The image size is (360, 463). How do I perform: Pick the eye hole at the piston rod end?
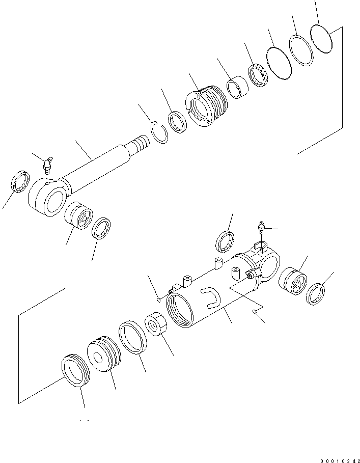[x=52, y=203]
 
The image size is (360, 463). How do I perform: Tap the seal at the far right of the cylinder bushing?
[x=316, y=294]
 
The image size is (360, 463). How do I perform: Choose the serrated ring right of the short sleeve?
[x=258, y=75]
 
